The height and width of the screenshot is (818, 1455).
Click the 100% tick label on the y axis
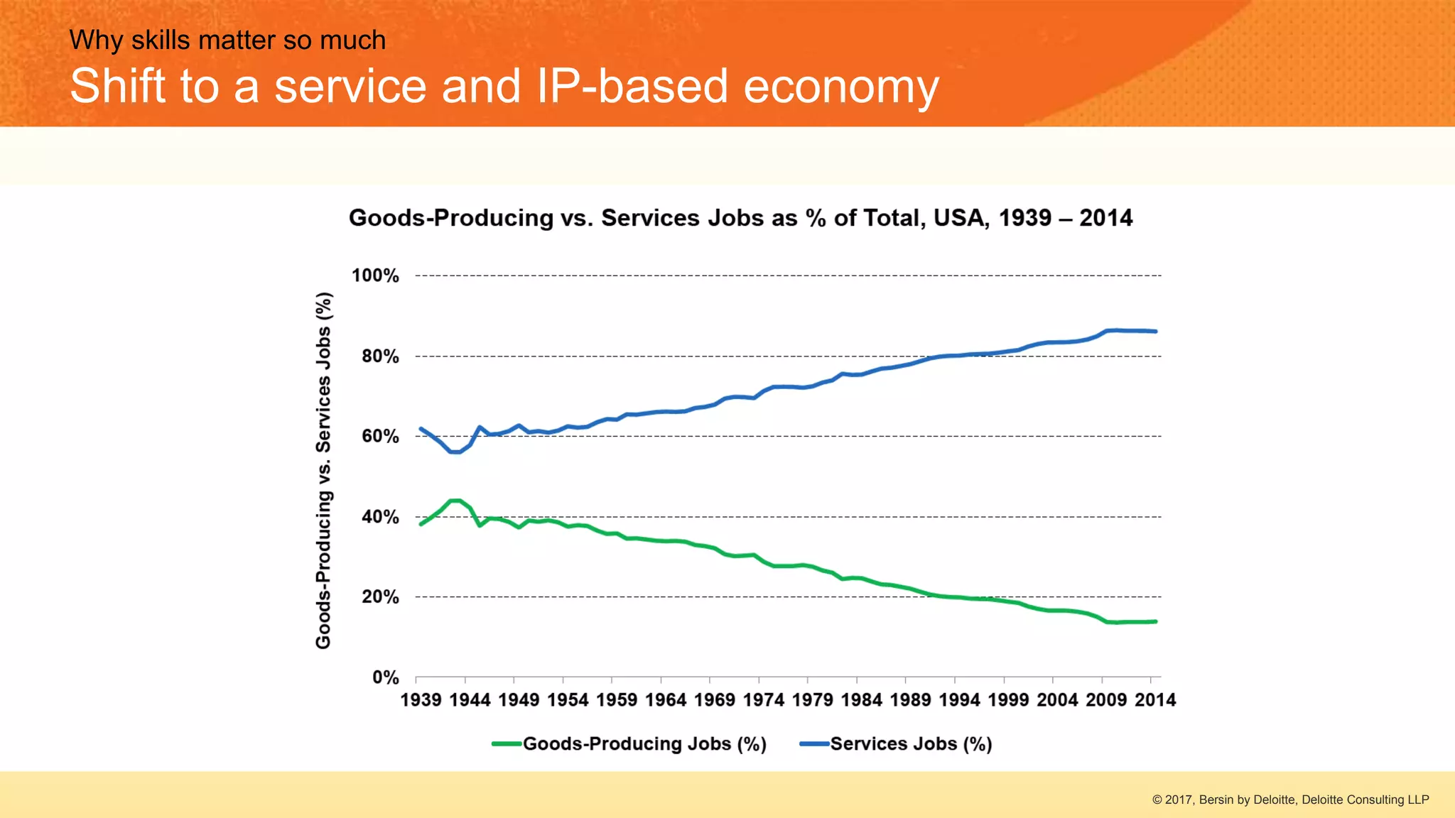click(375, 276)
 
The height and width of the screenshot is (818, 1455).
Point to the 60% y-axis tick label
click(380, 436)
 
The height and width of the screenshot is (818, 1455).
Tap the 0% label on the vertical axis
click(386, 677)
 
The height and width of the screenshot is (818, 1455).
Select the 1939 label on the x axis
click(421, 700)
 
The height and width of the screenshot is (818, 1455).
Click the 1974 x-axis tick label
click(763, 700)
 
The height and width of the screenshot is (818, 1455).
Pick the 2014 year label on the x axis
click(1155, 700)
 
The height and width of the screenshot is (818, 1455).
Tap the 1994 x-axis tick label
click(959, 700)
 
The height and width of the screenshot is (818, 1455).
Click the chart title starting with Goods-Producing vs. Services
click(740, 218)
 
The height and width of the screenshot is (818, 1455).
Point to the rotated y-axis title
click(323, 470)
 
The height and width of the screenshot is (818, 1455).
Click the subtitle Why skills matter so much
click(227, 40)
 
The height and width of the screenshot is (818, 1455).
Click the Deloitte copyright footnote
click(1290, 800)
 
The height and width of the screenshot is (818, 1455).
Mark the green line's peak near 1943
click(455, 501)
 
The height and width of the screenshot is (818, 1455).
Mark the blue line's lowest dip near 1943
click(455, 452)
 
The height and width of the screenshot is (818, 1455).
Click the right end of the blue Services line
click(1155, 332)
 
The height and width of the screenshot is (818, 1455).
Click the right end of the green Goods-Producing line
click(1155, 622)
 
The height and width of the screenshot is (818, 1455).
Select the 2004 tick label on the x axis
click(1057, 700)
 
